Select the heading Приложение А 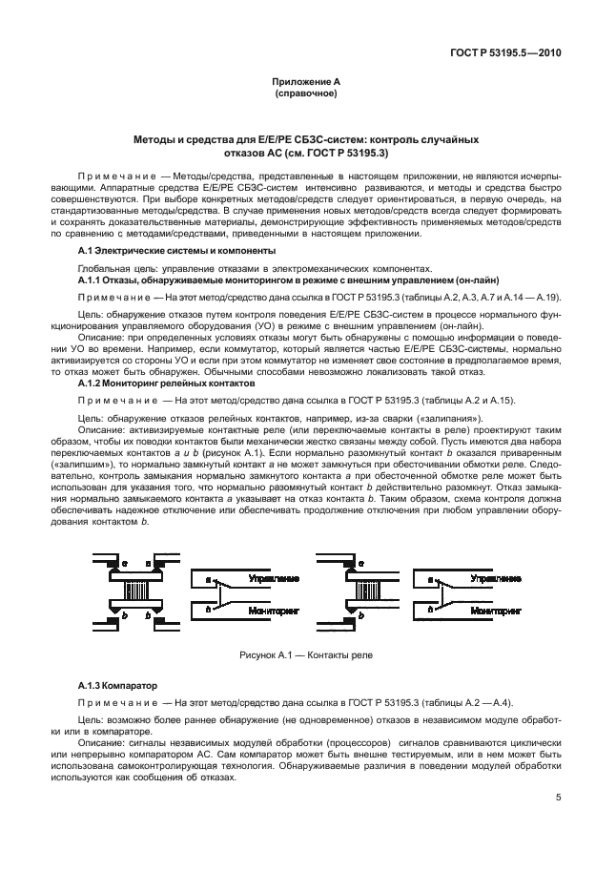pos(306,83)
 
